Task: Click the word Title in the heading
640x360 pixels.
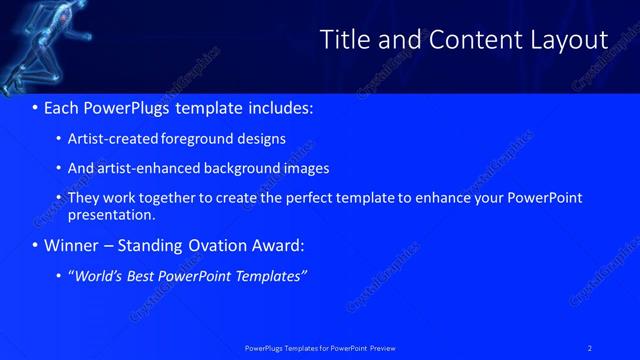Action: [x=342, y=40]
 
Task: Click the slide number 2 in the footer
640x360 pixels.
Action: [x=590, y=347]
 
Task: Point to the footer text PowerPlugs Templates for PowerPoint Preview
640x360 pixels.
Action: [x=320, y=347]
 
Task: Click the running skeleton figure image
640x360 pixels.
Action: [x=35, y=45]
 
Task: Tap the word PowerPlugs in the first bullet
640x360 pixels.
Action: [x=130, y=107]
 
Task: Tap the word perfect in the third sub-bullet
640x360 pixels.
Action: [x=294, y=198]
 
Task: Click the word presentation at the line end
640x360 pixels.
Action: [x=110, y=214]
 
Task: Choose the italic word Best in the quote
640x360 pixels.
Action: [x=141, y=276]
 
